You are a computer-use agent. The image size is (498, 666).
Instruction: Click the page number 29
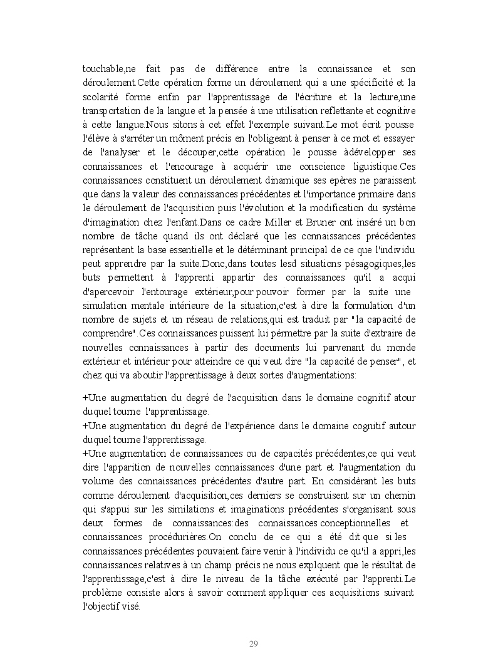(254, 643)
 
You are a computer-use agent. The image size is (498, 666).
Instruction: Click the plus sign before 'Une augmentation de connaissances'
(85, 452)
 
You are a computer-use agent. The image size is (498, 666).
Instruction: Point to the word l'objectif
(103, 606)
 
